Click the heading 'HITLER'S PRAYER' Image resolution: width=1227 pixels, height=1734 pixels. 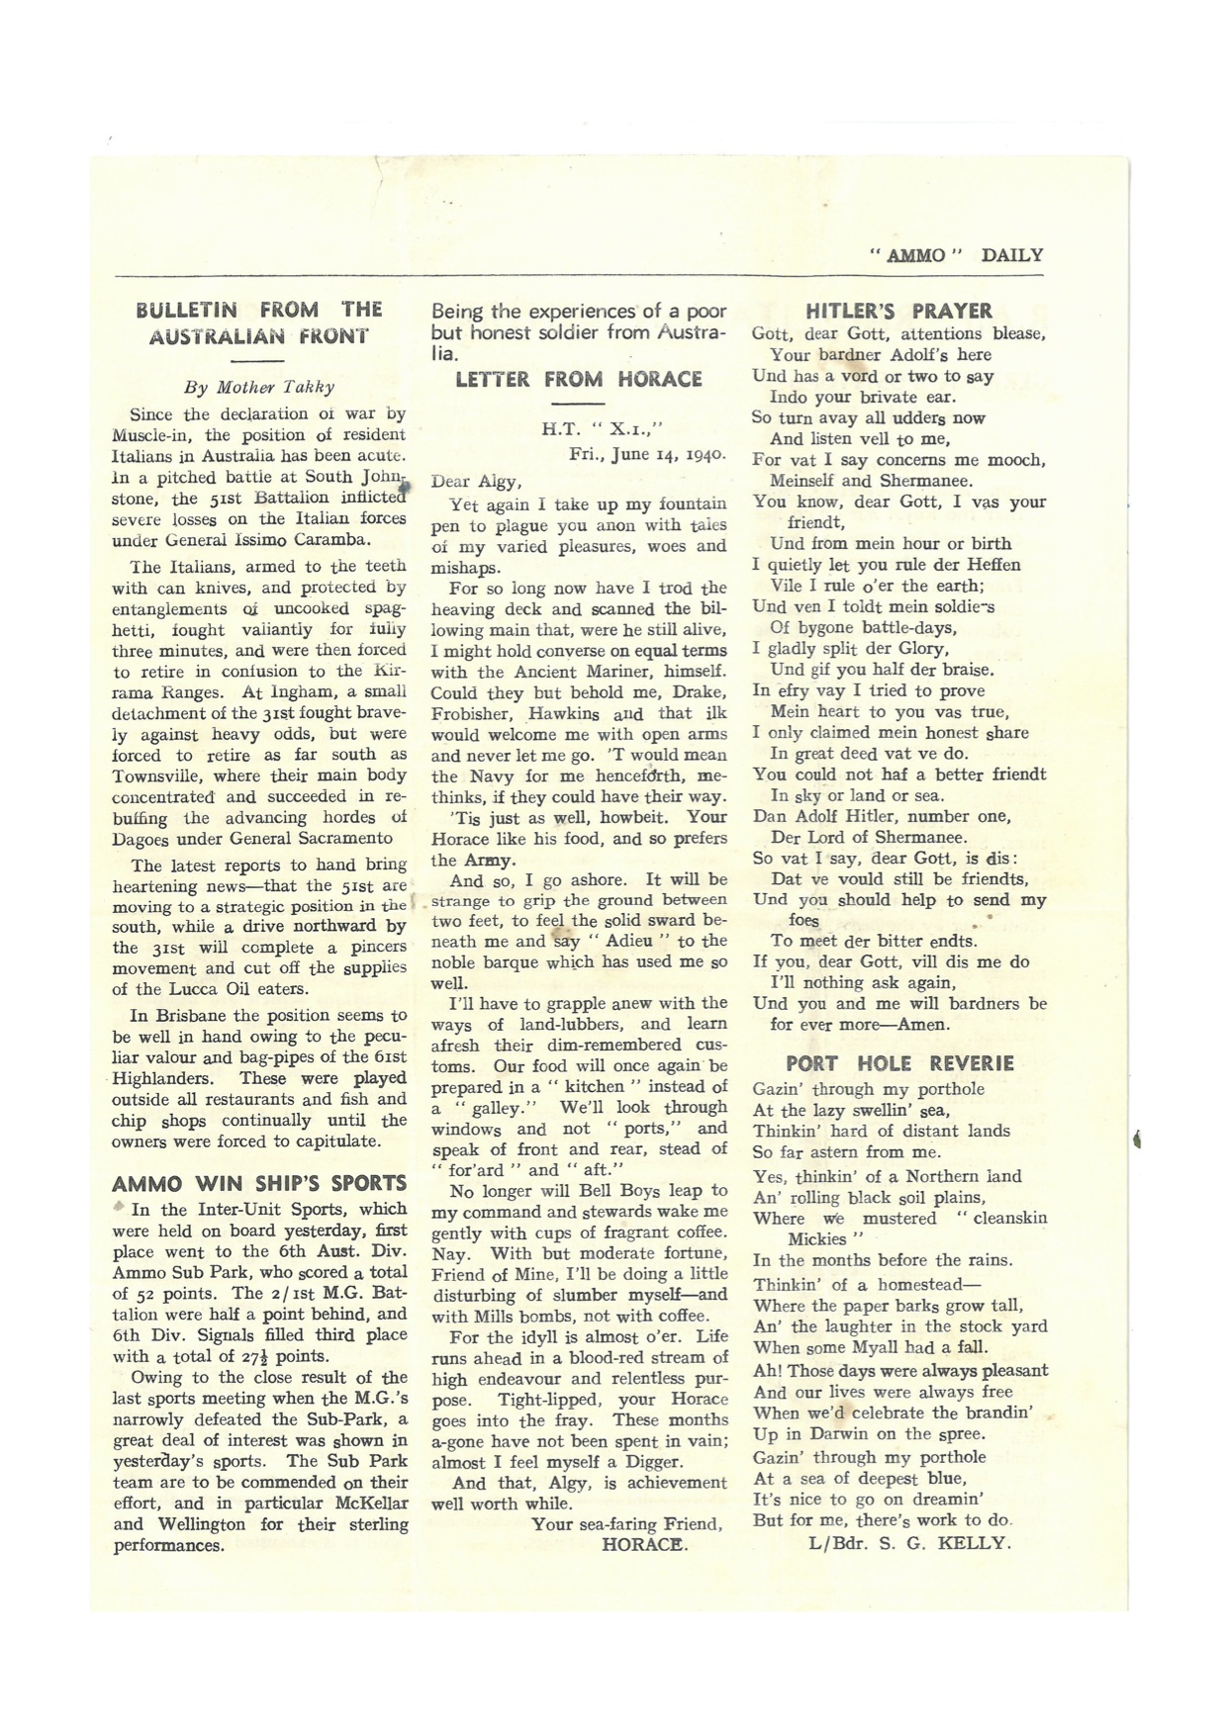coord(898,311)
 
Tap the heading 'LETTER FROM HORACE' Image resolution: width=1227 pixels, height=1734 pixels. coord(579,379)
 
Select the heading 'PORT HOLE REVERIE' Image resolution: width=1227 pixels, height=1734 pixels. coord(899,1063)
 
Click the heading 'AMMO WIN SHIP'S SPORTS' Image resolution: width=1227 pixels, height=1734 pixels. coord(259,1183)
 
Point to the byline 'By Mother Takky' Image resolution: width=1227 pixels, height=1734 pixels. coord(259,388)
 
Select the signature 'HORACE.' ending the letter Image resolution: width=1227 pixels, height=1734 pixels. coord(644,1544)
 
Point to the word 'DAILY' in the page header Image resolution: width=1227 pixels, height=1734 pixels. coord(1011,255)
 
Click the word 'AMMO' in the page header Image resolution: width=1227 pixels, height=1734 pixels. coord(915,255)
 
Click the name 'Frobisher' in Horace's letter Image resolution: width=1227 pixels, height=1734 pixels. coord(469,712)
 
